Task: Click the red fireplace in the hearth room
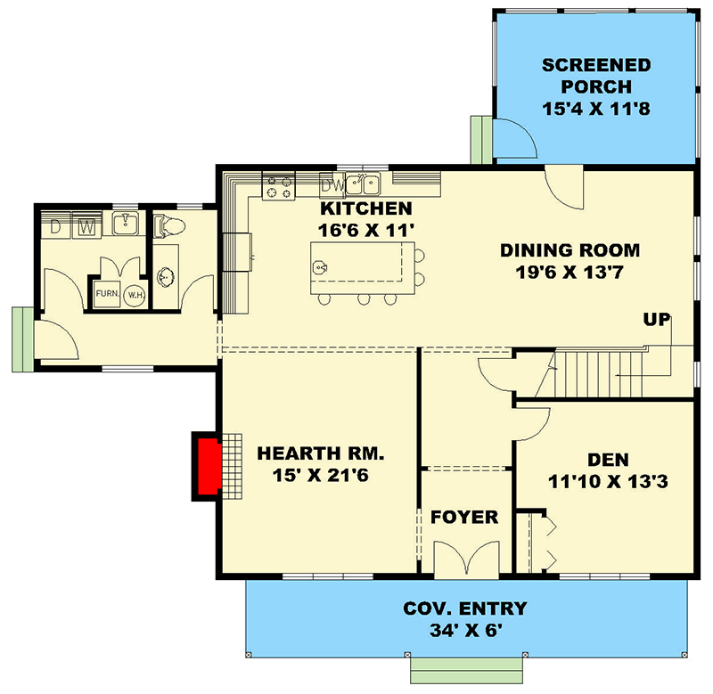[209, 467]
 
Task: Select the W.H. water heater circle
[135, 295]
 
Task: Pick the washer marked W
[86, 226]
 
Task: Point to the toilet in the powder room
[168, 226]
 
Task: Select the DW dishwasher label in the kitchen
[332, 185]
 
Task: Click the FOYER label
[464, 518]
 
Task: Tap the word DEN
[608, 460]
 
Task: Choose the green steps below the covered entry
[464, 669]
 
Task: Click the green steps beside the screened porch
[480, 141]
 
